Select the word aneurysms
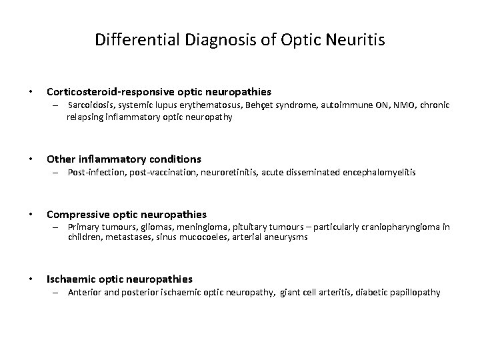click(x=287, y=237)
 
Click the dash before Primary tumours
click(x=59, y=227)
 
